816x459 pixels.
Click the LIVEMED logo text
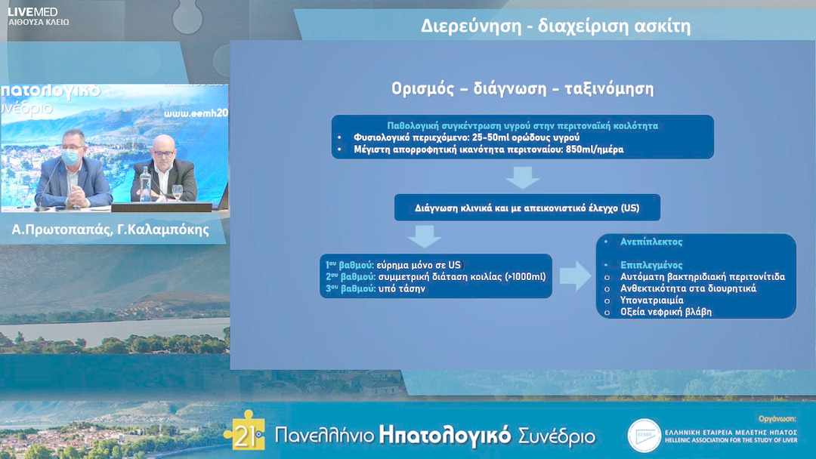(x=32, y=11)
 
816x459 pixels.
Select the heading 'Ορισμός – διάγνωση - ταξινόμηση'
(x=522, y=88)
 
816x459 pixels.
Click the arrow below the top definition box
(x=522, y=177)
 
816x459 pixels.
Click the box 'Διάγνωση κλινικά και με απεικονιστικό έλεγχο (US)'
(x=527, y=208)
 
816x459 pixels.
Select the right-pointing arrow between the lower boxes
(x=575, y=276)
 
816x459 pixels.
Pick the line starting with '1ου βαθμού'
(x=393, y=265)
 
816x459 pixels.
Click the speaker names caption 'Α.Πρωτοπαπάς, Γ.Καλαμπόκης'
(x=111, y=229)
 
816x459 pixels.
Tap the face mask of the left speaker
(x=70, y=156)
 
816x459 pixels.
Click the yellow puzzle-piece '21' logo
(x=244, y=431)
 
